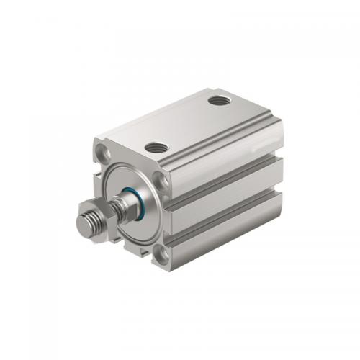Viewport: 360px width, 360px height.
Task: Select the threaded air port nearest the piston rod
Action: point(156,147)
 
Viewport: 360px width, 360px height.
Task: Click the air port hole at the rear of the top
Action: point(219,99)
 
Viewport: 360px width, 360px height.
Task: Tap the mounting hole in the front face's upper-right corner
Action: point(163,179)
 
